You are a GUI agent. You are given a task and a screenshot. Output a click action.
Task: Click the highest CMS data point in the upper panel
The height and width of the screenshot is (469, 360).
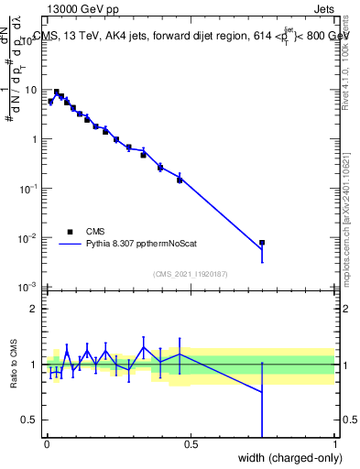tap(57, 93)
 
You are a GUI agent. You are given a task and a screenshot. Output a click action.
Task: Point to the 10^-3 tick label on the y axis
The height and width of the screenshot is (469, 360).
tap(27, 288)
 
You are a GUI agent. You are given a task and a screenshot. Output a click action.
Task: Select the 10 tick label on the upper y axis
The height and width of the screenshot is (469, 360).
tap(31, 90)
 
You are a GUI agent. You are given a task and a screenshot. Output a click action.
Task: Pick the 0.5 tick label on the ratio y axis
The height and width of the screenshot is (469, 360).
tap(31, 420)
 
